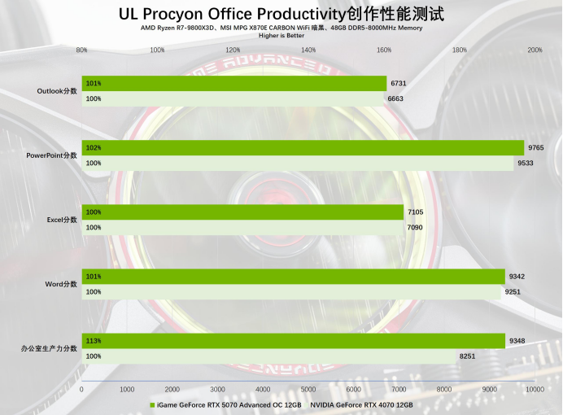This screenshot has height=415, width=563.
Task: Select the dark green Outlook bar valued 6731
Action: (x=234, y=83)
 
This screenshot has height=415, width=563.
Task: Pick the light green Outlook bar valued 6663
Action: (x=233, y=98)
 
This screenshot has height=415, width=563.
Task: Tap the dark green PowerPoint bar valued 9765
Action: (x=303, y=147)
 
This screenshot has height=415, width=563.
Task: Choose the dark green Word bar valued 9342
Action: (x=293, y=277)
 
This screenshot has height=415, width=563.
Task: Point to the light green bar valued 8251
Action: (x=268, y=356)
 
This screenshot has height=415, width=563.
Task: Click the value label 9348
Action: (x=517, y=341)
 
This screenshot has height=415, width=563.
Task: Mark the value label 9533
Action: (x=526, y=163)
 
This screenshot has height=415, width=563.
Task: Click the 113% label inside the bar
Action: (x=94, y=341)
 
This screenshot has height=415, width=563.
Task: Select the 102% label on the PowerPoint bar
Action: (x=94, y=148)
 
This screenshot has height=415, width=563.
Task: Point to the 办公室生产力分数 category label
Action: (x=50, y=348)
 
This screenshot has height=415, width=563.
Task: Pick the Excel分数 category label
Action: (x=62, y=220)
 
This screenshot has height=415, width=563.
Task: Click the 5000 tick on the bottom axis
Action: (x=308, y=390)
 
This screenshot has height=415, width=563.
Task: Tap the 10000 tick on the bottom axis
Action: (x=534, y=390)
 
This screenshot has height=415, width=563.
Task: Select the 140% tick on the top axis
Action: (x=308, y=50)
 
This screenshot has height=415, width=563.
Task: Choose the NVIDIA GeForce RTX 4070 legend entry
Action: (x=361, y=404)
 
